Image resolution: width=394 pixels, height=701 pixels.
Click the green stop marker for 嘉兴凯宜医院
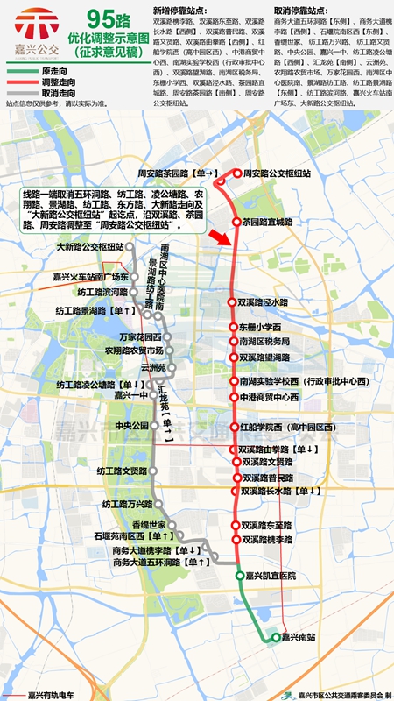(240, 576)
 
